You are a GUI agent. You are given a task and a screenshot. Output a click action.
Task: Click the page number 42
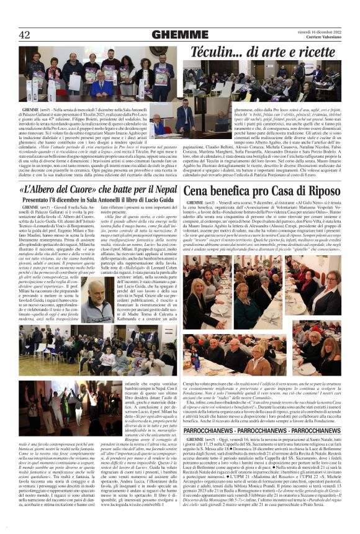point(25,34)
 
